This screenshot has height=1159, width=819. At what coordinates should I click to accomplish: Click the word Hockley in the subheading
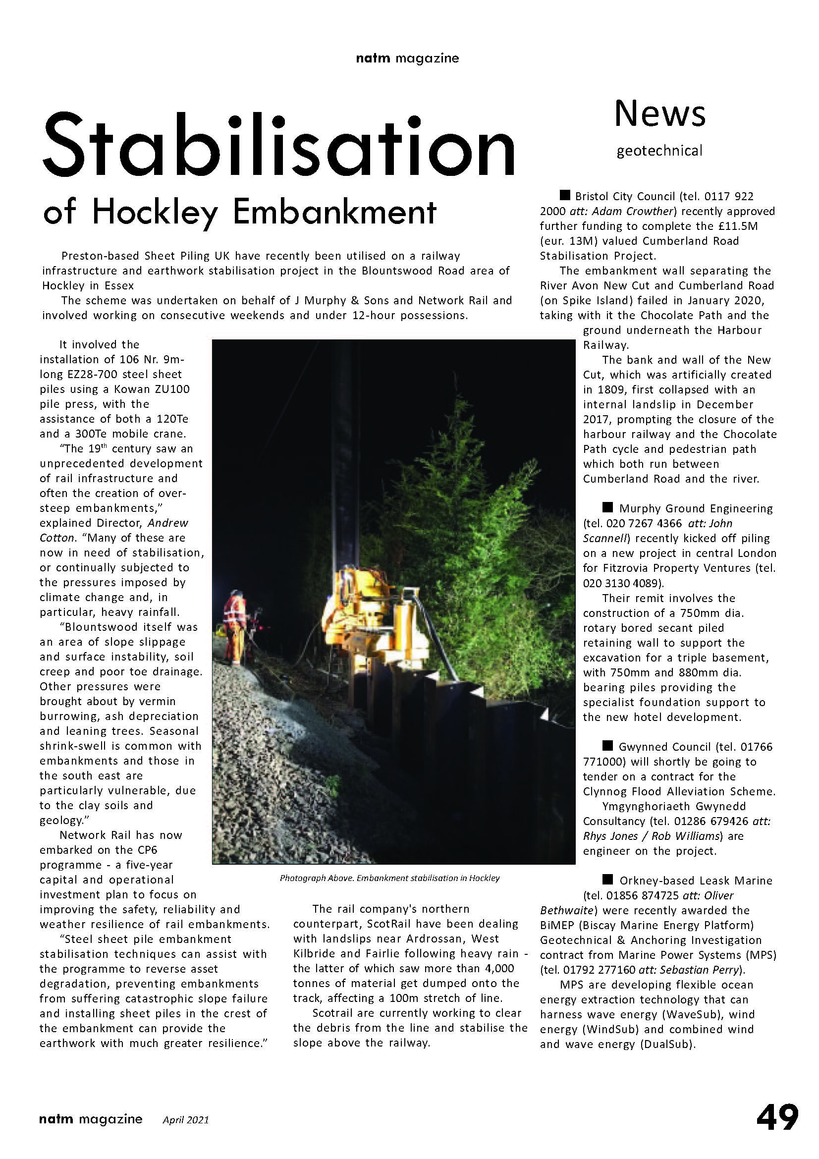tap(155, 213)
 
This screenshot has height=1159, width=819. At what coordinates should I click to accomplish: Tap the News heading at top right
tap(659, 113)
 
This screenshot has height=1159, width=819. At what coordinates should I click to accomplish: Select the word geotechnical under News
tap(659, 151)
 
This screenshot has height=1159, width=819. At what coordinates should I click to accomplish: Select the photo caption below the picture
tap(389, 878)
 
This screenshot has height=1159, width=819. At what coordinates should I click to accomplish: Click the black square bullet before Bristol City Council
tap(565, 195)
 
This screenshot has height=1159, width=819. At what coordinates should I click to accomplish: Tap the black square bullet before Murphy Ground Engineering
tap(607, 507)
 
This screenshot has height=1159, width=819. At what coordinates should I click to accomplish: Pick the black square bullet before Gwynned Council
tap(607, 746)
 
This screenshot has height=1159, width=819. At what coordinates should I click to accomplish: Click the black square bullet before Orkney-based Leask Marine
tap(607, 880)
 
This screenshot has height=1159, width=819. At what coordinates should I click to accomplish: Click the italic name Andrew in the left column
tap(168, 523)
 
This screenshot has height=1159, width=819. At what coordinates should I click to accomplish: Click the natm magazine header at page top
tap(407, 58)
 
